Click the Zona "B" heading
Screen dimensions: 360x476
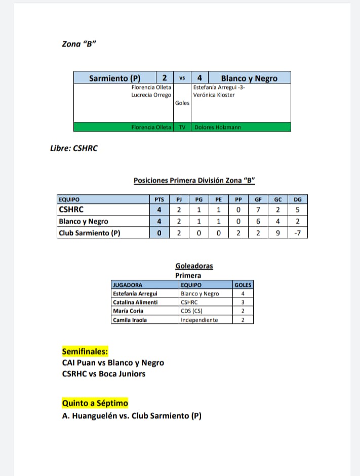79,44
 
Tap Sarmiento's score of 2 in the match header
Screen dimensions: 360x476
165,78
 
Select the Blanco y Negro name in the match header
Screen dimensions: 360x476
249,78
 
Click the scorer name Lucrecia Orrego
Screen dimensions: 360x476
151,95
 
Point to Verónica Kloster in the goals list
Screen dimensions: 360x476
214,95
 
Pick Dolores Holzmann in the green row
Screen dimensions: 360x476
218,127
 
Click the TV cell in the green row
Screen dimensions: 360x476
182,127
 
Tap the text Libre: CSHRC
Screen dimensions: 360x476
74,148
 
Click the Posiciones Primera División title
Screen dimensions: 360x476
194,180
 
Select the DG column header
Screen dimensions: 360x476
297,199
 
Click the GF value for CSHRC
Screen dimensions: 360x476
258,210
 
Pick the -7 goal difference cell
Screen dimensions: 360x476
297,233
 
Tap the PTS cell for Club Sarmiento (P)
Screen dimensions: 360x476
159,233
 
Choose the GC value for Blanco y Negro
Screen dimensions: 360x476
277,221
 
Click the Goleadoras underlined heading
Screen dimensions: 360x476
194,266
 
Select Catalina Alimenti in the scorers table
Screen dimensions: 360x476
135,302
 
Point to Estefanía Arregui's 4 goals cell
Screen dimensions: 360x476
243,293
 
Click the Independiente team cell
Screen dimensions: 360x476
199,320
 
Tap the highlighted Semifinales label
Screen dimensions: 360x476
85,352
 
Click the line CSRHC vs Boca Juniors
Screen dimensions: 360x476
104,374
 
